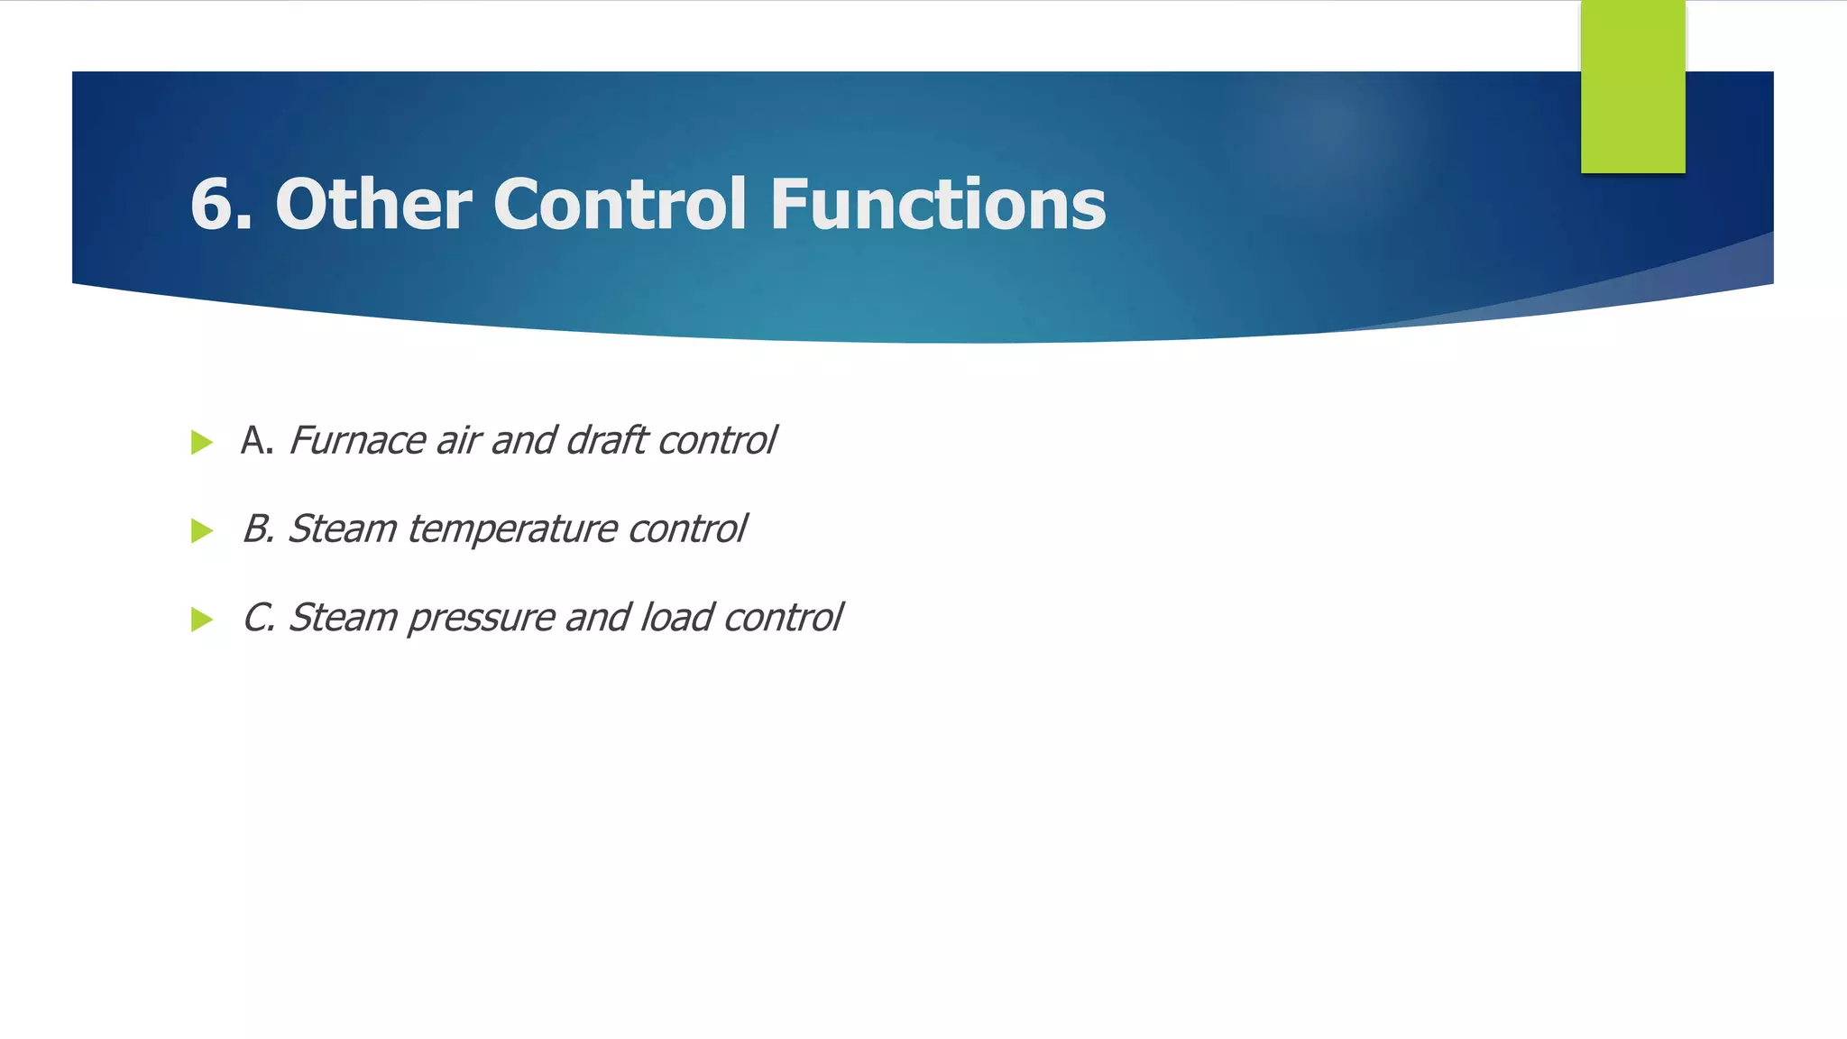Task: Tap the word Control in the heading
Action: tap(620, 205)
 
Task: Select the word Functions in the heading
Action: tap(937, 205)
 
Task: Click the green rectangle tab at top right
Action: tap(1632, 87)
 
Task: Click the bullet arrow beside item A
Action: tap(202, 443)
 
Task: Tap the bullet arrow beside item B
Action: tap(202, 531)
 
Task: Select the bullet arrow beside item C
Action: tap(202, 620)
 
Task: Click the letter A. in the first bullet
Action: tap(256, 441)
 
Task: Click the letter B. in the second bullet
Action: tap(258, 529)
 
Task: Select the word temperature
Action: tap(511, 529)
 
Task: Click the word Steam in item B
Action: tap(342, 529)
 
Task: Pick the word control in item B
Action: tap(687, 529)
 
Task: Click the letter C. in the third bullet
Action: tap(258, 618)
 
